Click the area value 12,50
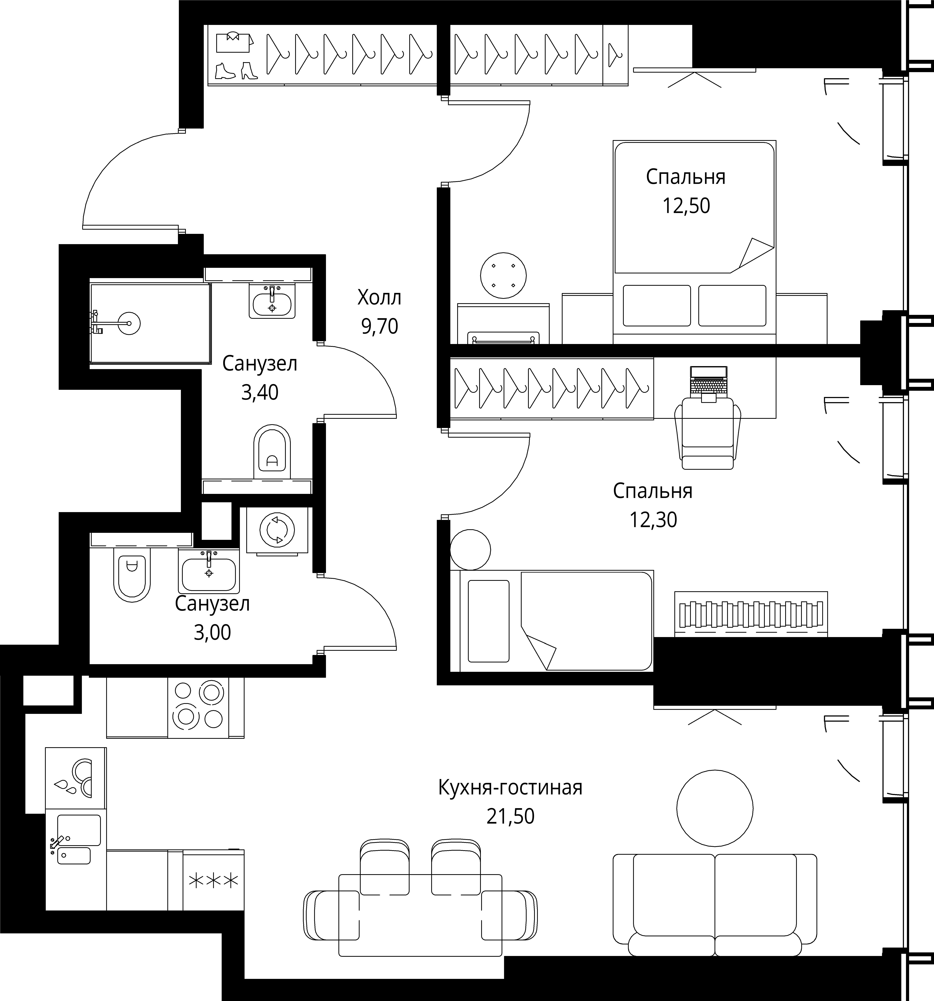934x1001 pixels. coord(686,206)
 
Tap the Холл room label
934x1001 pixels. coord(380,298)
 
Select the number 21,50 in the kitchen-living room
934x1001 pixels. coord(510,816)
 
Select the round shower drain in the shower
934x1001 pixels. coord(128,322)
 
